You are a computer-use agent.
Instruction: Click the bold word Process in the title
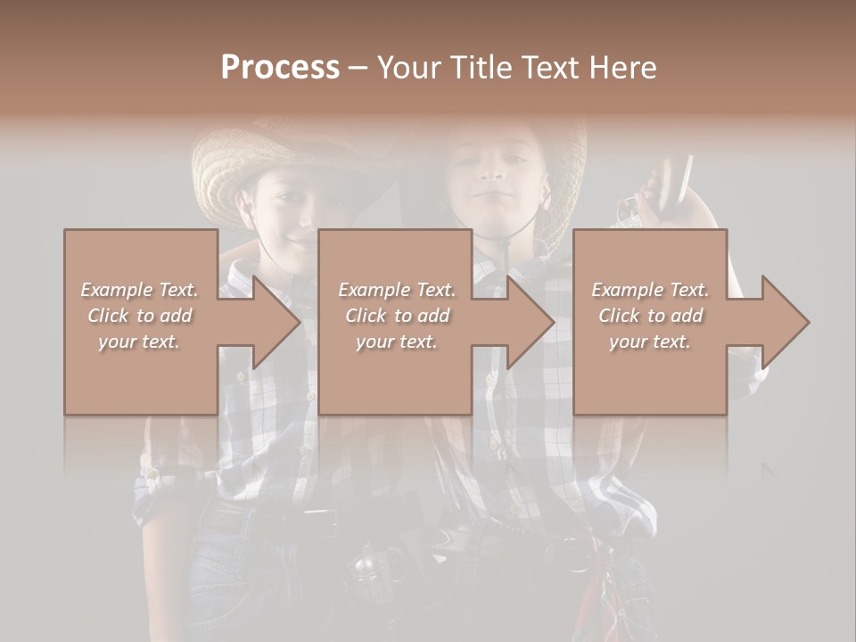coord(280,67)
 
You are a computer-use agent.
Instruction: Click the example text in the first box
coord(140,316)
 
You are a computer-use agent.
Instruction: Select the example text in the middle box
coord(396,316)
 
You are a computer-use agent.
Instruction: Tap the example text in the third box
coord(650,316)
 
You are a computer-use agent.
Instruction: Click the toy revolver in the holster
coord(370,562)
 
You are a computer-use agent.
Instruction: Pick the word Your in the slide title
coord(407,67)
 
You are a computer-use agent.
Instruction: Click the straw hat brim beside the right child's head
coord(566,187)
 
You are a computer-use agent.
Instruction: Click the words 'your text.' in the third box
coord(650,342)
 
